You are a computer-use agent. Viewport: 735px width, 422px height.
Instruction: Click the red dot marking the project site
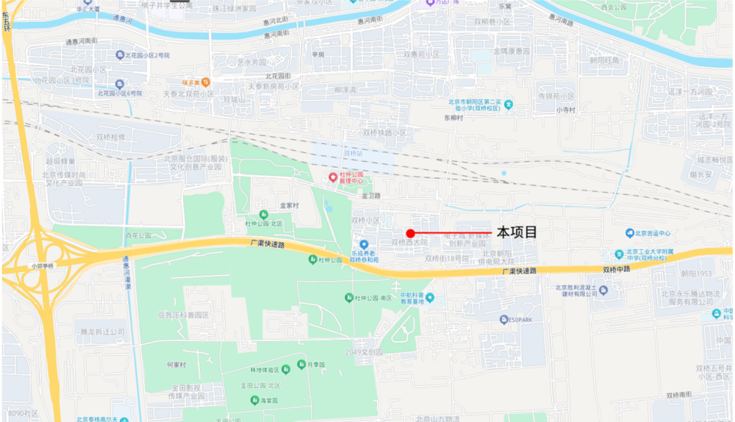tap(410, 233)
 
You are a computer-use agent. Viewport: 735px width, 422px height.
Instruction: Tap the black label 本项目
tap(517, 232)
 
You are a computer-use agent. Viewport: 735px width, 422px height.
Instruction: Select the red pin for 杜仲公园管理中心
tap(333, 178)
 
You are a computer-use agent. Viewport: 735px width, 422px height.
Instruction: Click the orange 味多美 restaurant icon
tap(207, 82)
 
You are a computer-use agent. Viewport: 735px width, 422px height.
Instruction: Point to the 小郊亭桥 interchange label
tap(43, 266)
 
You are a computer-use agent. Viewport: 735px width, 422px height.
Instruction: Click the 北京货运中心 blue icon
tap(630, 233)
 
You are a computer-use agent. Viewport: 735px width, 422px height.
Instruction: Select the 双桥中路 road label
tap(617, 270)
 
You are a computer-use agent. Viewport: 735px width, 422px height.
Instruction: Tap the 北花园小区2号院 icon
tap(120, 55)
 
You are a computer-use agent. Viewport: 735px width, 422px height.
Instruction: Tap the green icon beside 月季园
tap(301, 365)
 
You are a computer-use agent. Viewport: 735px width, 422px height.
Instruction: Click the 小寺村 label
tap(566, 110)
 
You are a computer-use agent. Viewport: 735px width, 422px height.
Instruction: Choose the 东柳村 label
tap(455, 118)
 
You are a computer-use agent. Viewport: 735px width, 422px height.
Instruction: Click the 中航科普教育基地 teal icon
tap(430, 297)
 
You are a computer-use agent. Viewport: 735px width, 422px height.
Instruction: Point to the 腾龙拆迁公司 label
tap(99, 332)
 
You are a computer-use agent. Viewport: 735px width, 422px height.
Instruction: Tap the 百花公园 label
tap(137, 236)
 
